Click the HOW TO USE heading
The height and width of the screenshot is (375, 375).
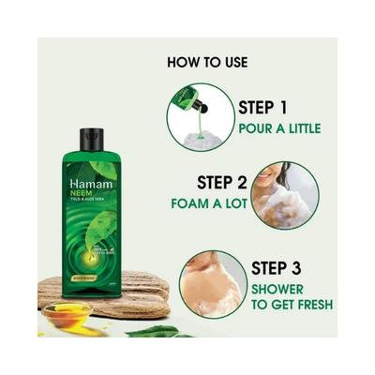207,63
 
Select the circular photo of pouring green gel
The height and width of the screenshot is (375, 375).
199,115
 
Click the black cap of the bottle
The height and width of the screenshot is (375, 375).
91,140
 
